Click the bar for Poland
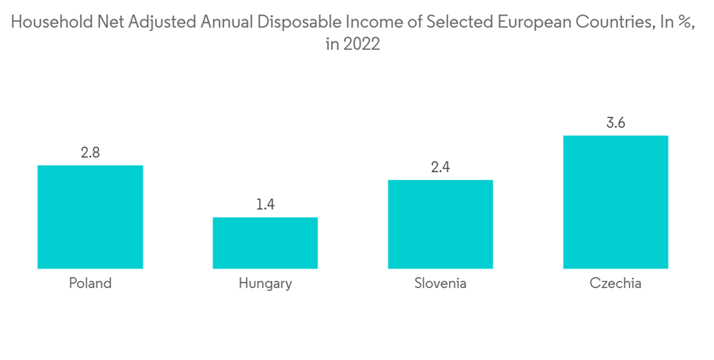point(90,217)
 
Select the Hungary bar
point(265,243)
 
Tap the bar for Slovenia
point(441,224)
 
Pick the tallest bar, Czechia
point(615,202)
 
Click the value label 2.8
point(90,153)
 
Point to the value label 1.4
point(265,205)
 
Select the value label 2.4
point(441,168)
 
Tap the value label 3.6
point(615,123)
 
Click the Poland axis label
point(90,283)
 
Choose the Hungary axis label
point(265,284)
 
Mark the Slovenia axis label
point(441,283)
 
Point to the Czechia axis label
point(615,283)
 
